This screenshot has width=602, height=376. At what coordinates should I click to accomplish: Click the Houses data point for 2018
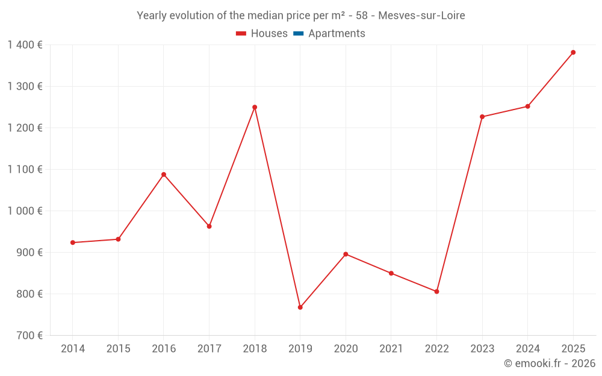tap(255, 107)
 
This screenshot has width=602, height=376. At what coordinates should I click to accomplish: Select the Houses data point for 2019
tap(300, 307)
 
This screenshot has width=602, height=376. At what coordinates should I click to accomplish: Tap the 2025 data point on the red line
tap(573, 52)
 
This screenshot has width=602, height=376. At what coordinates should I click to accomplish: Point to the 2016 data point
tap(164, 174)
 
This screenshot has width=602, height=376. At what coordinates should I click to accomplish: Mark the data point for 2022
tap(437, 291)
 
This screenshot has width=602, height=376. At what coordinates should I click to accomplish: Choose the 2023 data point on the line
tap(482, 117)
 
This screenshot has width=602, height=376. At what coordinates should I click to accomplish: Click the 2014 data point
tap(73, 242)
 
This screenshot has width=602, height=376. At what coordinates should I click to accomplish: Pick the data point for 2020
tap(346, 254)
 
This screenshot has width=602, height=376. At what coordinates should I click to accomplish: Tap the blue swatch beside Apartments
tap(298, 34)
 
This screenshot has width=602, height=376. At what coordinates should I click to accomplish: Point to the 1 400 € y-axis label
tap(25, 45)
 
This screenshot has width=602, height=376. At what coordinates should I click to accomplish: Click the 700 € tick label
tap(31, 336)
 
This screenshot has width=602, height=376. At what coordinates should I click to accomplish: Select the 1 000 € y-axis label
tap(25, 211)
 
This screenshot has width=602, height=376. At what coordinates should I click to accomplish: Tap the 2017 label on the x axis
tap(209, 349)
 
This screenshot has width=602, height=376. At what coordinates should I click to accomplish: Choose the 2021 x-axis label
tap(391, 349)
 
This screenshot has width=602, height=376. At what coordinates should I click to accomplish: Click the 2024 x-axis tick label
tap(527, 349)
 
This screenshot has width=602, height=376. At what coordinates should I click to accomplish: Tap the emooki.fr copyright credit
tap(550, 363)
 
